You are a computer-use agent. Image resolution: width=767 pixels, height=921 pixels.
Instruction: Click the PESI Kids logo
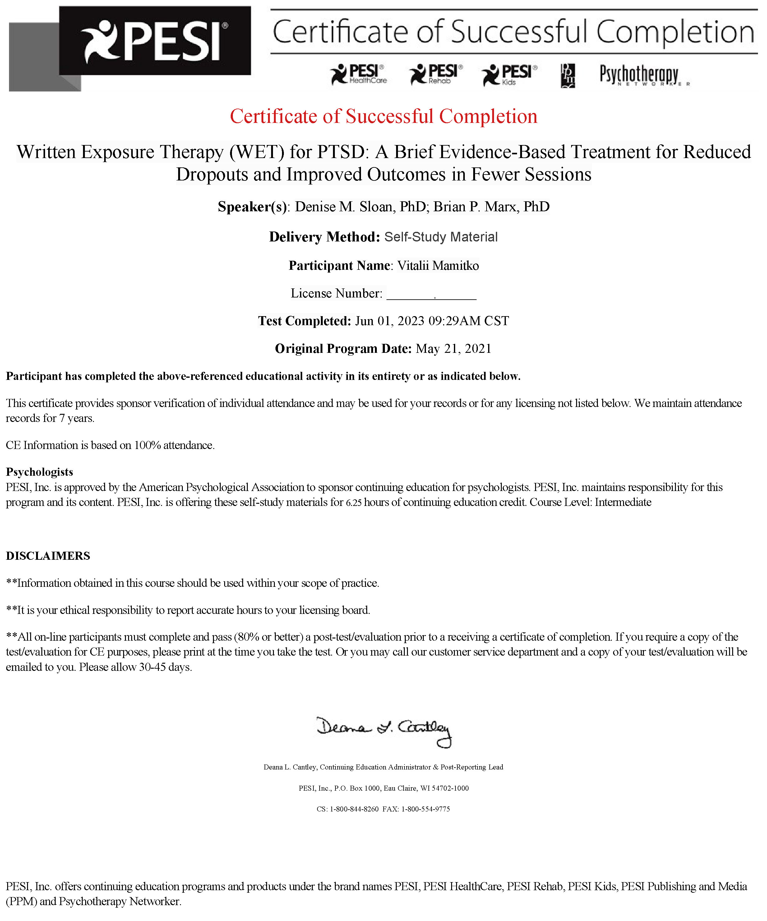point(509,75)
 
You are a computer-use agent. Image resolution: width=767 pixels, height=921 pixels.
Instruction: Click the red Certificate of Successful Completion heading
point(384,116)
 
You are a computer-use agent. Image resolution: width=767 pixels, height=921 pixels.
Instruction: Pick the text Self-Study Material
point(441,237)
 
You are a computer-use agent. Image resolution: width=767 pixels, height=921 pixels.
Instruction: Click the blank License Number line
point(431,294)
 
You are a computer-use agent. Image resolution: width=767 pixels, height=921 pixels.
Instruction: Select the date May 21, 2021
point(454,349)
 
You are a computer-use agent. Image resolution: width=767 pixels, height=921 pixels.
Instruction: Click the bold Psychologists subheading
point(39,472)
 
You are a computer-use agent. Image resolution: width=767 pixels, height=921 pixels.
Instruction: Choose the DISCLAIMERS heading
point(48,556)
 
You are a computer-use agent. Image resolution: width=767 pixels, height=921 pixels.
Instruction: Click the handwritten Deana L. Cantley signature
point(384,731)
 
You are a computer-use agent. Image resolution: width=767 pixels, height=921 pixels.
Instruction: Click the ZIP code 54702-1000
point(450,788)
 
